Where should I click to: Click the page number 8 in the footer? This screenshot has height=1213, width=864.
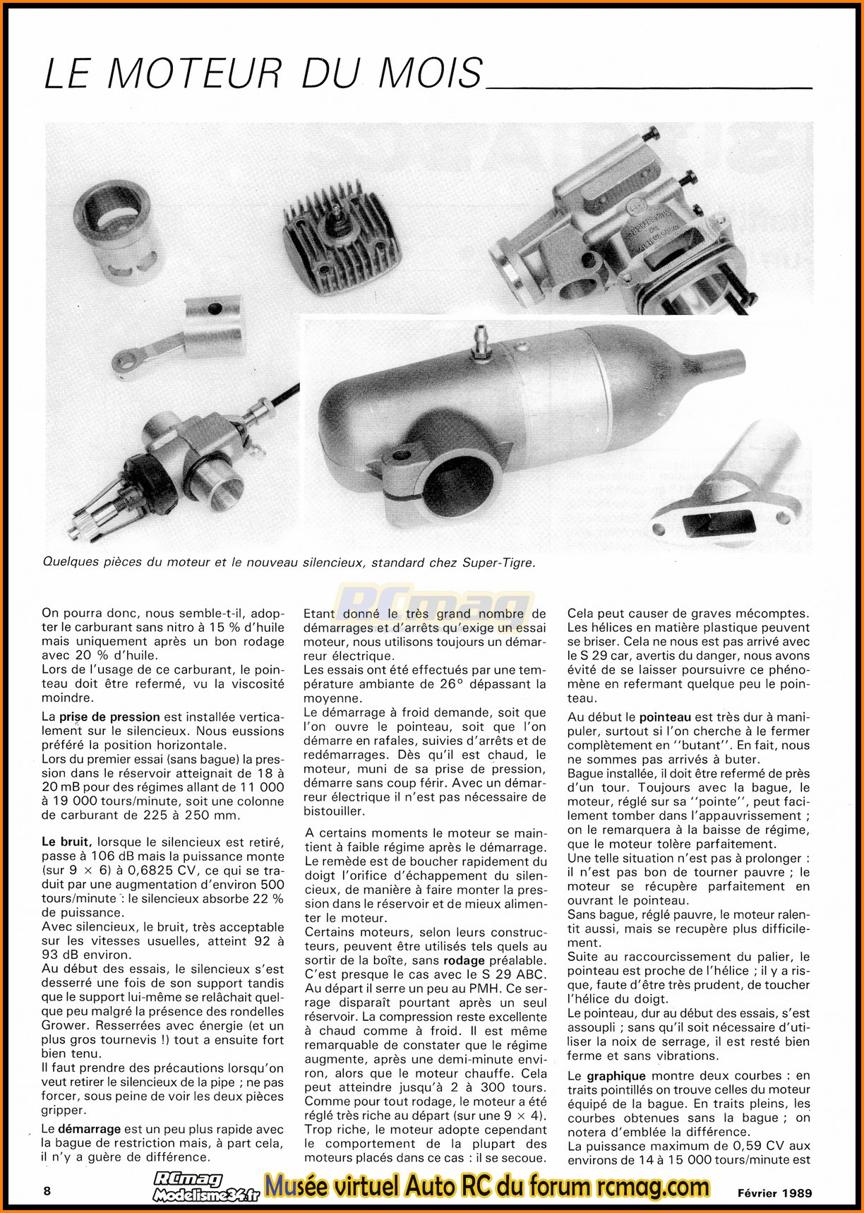point(47,1191)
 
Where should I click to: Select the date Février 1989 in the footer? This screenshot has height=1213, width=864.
point(775,1193)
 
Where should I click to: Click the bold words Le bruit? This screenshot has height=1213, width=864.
point(66,842)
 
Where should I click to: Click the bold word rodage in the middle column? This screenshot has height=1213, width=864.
point(464,960)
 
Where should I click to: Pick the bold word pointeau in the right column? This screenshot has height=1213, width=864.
point(666,717)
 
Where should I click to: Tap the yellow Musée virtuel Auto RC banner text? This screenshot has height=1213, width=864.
point(487,1187)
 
